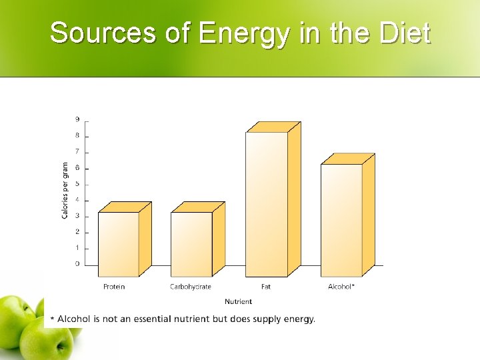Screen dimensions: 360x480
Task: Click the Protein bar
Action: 119,244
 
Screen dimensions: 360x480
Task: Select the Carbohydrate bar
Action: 192,244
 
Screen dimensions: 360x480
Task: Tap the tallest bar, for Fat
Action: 267,204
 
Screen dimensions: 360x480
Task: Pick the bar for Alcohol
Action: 341,220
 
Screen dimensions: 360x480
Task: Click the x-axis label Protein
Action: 114,287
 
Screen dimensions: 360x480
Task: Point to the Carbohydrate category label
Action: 191,287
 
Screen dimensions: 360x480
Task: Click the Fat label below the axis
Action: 266,287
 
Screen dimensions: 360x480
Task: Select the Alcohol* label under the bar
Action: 341,287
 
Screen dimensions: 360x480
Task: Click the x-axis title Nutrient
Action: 238,302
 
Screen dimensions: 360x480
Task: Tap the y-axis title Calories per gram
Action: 65,191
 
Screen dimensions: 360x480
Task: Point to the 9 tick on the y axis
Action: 77,119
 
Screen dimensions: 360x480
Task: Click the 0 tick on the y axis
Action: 77,264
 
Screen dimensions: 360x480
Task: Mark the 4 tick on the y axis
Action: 77,200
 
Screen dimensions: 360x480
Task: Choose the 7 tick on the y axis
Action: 77,151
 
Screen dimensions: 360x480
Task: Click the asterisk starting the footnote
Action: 53,319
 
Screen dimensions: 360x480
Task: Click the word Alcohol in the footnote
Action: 73,319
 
